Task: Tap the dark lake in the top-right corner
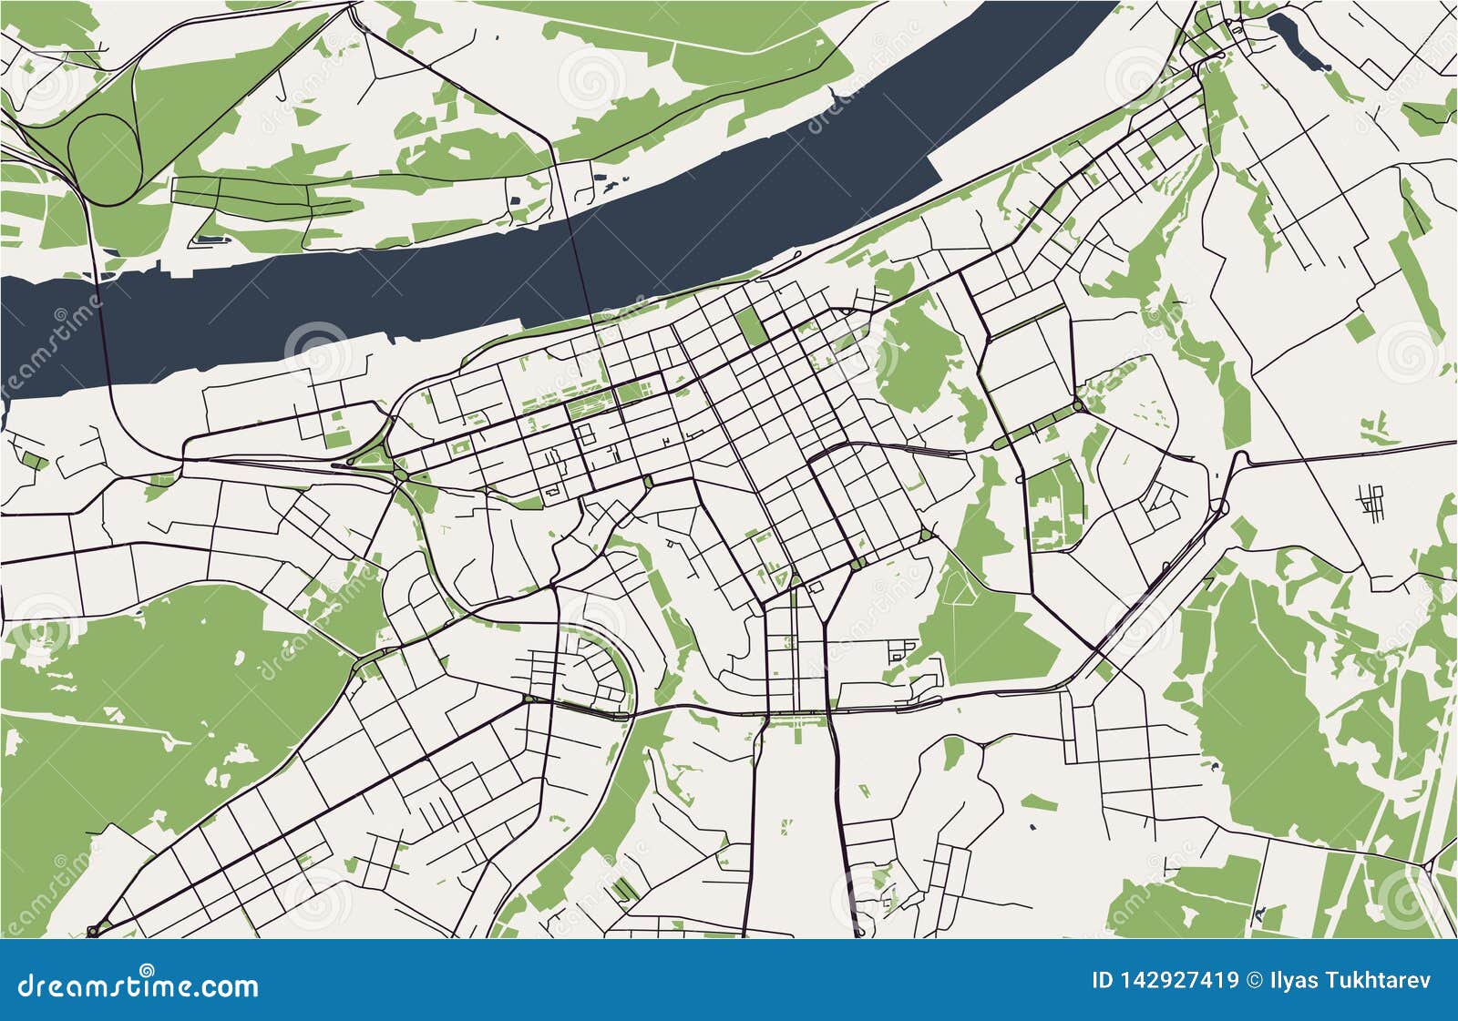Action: [x=1299, y=41]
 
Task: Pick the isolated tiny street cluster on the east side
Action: [x=1371, y=501]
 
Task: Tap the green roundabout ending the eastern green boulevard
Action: [x=1077, y=405]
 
